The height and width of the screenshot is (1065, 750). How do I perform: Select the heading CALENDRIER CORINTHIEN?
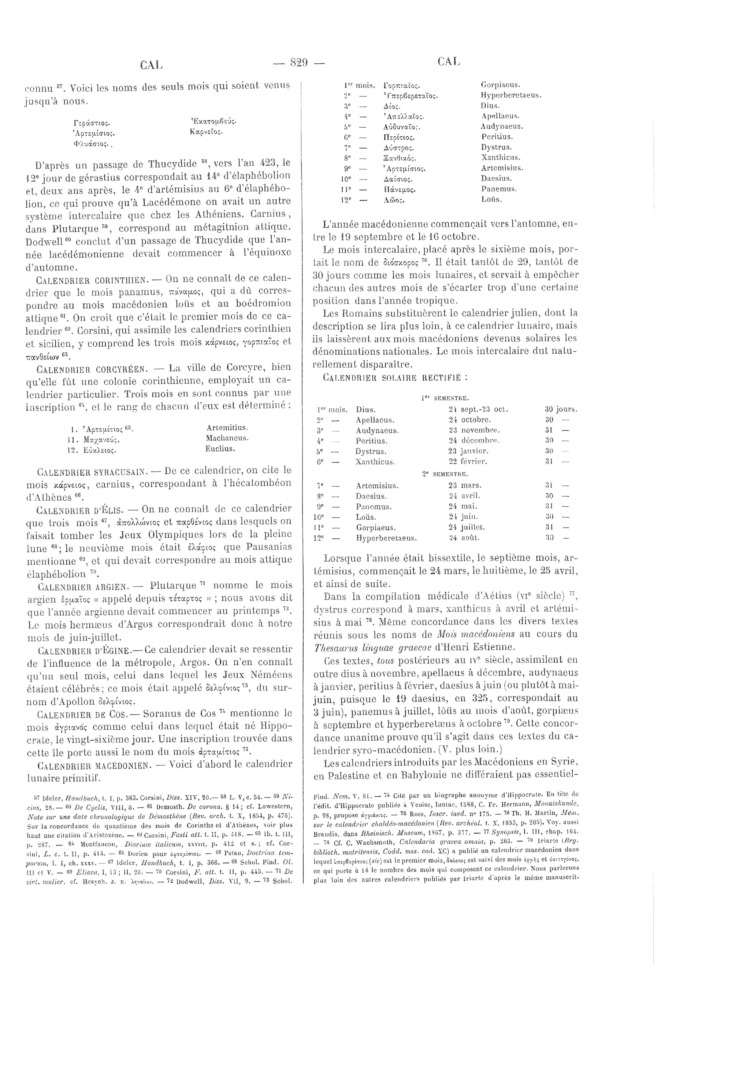(x=91, y=280)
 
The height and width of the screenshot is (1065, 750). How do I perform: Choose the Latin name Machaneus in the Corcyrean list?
(x=227, y=438)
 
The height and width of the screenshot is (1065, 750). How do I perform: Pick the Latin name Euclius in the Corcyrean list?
(x=220, y=449)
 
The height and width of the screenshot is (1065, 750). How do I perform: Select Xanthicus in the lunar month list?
(x=501, y=158)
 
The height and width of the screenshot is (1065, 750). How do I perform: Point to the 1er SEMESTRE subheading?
(x=445, y=398)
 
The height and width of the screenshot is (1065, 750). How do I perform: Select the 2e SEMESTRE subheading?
(x=445, y=474)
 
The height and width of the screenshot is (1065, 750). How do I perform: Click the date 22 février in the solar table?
(x=468, y=461)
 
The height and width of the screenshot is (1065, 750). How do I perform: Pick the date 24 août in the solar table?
(x=464, y=538)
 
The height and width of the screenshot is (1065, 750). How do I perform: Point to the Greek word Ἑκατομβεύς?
(x=213, y=122)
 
